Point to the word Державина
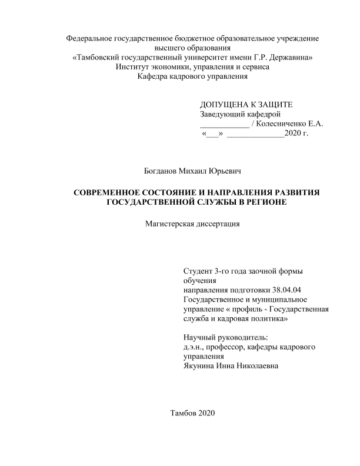[x=292, y=58]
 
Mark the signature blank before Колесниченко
[x=224, y=125]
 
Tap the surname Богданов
[x=162, y=171]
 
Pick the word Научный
[x=200, y=338]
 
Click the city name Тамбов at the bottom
[x=182, y=412]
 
